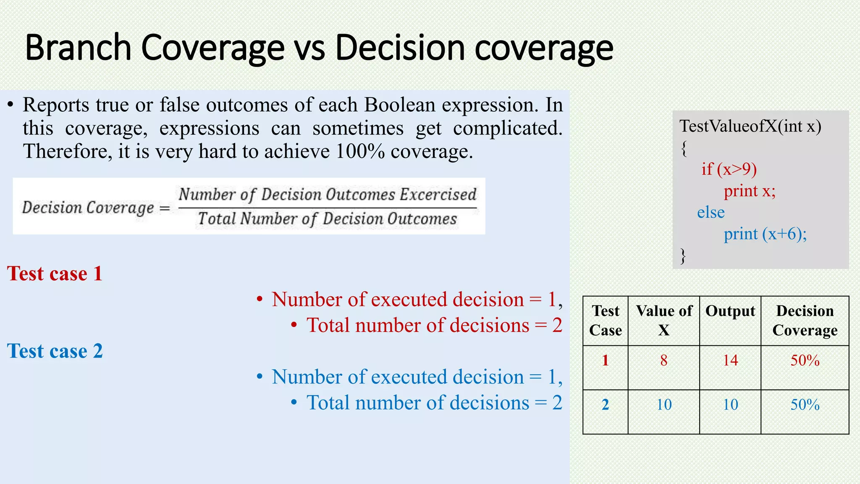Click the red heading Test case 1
[55, 274]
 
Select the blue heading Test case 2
[55, 351]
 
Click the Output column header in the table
[730, 311]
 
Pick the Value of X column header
[663, 320]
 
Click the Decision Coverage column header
[805, 320]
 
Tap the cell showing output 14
[730, 360]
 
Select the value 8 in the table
[663, 360]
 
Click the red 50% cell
[805, 360]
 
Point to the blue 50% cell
[805, 405]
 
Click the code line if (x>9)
[729, 169]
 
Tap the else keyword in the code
[711, 212]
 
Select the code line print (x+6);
[765, 234]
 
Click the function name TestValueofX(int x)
[750, 126]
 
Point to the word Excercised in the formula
[438, 195]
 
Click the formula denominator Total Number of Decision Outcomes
[327, 219]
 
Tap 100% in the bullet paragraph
[360, 151]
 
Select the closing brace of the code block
[683, 255]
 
